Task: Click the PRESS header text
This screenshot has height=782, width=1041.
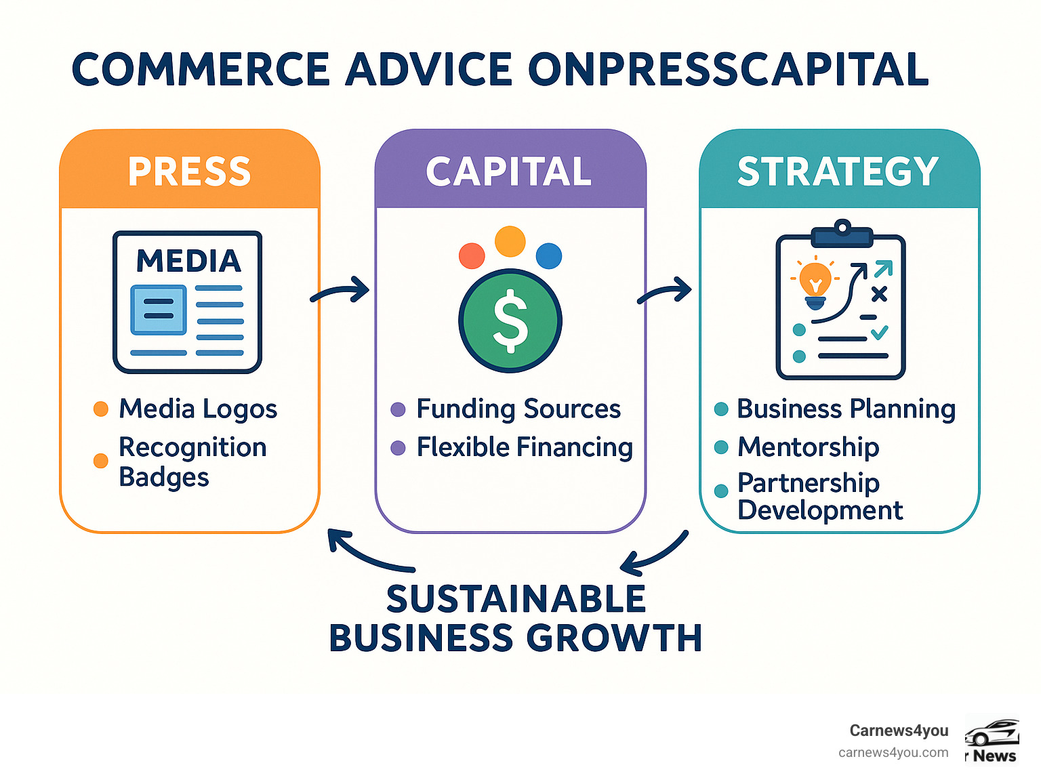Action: (189, 171)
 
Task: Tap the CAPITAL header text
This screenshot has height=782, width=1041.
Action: (509, 171)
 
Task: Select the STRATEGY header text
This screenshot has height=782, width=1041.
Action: (838, 171)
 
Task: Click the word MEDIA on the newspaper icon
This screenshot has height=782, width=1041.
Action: (188, 261)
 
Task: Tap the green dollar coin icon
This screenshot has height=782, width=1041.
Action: (510, 321)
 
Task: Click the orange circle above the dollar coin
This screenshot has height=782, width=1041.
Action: (510, 241)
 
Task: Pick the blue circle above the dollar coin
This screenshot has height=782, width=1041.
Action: (548, 256)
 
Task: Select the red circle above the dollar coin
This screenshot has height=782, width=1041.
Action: (472, 256)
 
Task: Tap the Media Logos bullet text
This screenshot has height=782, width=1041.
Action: (198, 409)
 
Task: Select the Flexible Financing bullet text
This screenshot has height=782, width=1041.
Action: (525, 447)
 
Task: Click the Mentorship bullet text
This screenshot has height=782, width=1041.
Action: (808, 447)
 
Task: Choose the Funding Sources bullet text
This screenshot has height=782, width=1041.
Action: (518, 409)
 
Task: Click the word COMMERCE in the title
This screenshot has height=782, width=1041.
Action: (201, 69)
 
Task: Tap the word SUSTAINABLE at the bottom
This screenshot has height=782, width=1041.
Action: (516, 599)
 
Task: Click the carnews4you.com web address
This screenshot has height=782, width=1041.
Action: (893, 752)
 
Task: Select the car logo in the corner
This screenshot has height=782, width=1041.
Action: (992, 733)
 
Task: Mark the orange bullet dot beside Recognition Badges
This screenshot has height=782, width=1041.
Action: (101, 461)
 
